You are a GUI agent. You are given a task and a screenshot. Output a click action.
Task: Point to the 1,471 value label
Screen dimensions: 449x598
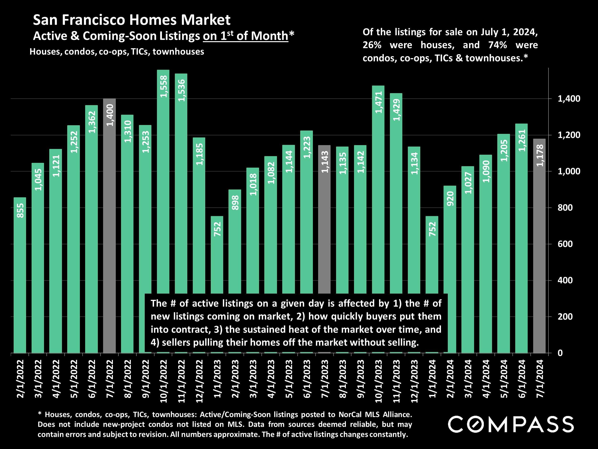click(378, 102)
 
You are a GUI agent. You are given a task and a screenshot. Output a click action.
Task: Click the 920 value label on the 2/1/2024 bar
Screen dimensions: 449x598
click(450, 198)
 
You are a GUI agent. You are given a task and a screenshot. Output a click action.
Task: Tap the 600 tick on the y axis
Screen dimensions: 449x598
click(565, 244)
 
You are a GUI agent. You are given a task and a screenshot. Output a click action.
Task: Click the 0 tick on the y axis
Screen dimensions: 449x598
click(560, 353)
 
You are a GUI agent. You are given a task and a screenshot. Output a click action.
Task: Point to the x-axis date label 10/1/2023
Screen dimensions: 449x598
click(378, 381)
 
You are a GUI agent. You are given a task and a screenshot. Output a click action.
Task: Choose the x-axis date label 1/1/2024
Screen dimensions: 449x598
click(432, 379)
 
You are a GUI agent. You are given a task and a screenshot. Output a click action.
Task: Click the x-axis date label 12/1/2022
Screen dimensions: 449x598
click(199, 381)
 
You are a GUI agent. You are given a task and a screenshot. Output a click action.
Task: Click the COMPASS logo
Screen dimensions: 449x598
click(511, 424)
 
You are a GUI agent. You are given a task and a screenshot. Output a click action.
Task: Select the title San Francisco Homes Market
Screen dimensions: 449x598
click(132, 20)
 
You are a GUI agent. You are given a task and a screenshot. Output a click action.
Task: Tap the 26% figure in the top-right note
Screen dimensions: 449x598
click(372, 45)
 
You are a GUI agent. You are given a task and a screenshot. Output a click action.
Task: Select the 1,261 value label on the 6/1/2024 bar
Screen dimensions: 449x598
click(522, 140)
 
